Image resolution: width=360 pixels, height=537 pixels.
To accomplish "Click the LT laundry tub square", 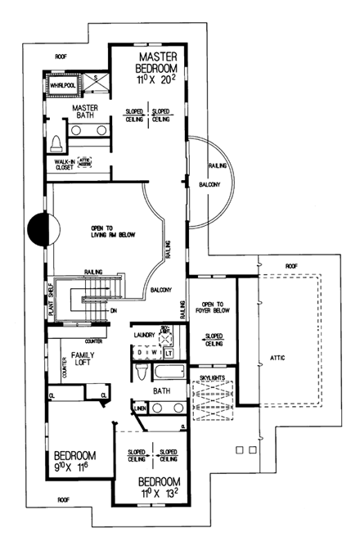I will pyautogui.click(x=169, y=353).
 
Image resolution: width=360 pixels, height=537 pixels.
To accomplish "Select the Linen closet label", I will pyautogui.click(x=140, y=407).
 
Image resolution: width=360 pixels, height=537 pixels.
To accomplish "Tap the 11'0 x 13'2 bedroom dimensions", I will pyautogui.click(x=160, y=494).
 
